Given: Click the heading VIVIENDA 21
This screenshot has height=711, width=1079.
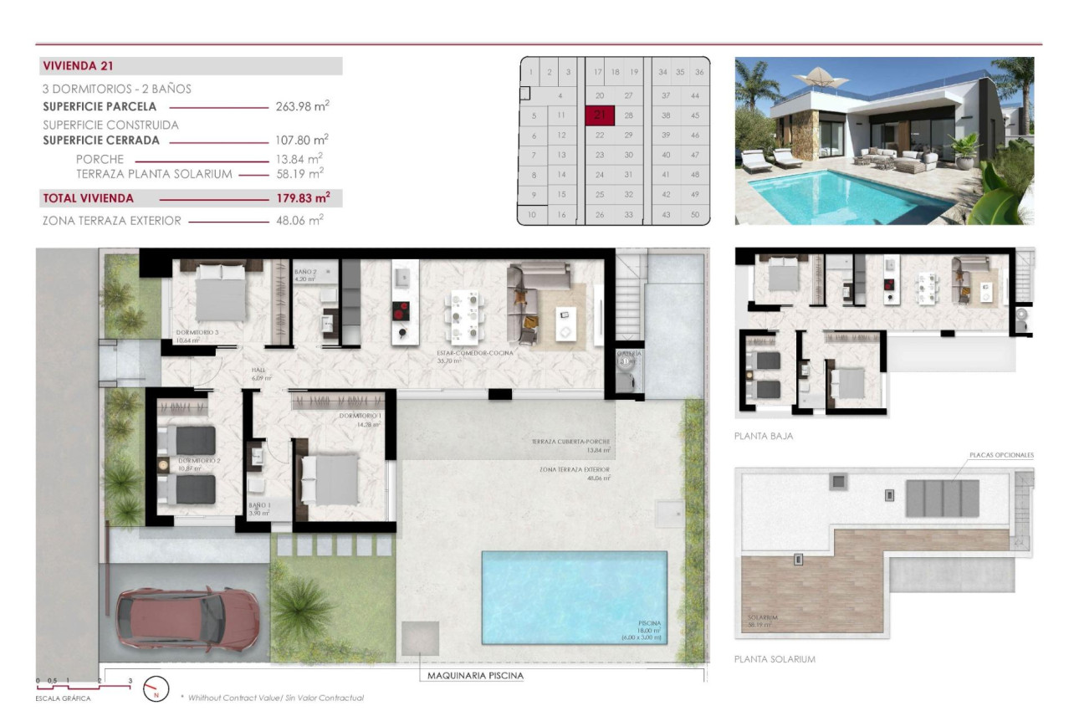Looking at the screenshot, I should pos(77,66).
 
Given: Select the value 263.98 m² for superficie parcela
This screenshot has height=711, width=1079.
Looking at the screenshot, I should pos(302,106).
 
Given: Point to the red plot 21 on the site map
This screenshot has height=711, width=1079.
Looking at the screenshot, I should pos(599,115).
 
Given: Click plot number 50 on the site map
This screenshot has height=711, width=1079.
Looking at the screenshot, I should pos(694,215).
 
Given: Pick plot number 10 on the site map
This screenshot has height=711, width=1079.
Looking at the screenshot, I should pos(532,215).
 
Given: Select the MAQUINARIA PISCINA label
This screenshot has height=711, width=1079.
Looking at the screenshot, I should pos(471,675).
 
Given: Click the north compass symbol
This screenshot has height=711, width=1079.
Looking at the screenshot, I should pos(153,688).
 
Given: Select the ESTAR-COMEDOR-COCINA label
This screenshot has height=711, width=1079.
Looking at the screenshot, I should pos(474,353).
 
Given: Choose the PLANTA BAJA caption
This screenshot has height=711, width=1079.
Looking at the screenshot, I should pos(763,436).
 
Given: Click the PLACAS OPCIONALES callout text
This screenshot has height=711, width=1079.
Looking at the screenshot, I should pos(1001,455).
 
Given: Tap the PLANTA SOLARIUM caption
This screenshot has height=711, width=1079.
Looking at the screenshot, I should pos(774,659).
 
